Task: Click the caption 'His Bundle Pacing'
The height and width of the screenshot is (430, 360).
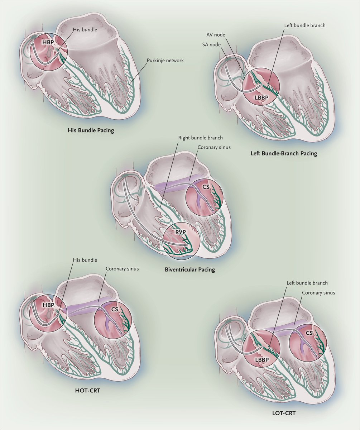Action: click(x=91, y=130)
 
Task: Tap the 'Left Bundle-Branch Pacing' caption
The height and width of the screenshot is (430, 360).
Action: click(x=284, y=154)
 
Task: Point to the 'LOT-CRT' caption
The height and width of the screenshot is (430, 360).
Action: click(x=285, y=413)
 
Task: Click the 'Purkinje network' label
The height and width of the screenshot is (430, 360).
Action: click(x=165, y=61)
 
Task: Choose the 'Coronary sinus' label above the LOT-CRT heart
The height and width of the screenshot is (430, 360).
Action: click(x=318, y=292)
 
